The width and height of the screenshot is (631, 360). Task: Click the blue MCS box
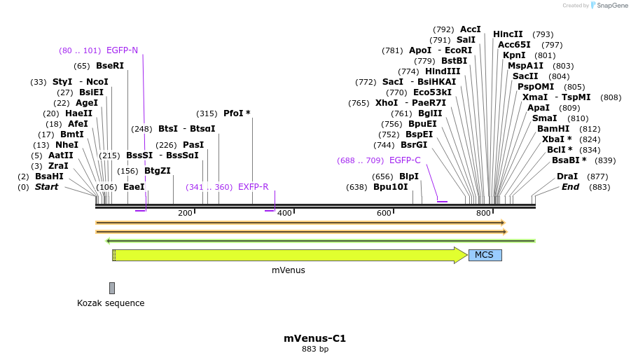pos(485,255)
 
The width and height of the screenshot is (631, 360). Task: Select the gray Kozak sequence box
pos(112,288)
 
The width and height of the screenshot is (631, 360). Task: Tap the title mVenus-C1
pos(314,338)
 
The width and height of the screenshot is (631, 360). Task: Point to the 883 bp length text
pos(314,349)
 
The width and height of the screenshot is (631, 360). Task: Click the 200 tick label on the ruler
pos(185,213)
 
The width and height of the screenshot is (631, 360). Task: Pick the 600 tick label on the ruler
pos(384,213)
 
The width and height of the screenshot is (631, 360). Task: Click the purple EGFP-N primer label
pos(122,50)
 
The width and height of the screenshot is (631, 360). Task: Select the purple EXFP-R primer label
pos(253,187)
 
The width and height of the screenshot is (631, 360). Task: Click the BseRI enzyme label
pos(110,66)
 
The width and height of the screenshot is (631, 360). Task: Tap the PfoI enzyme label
pos(237,113)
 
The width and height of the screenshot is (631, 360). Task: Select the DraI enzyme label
pos(567,176)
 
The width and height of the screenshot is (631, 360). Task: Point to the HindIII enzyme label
pos(443,71)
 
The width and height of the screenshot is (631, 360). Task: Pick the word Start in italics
pos(46,187)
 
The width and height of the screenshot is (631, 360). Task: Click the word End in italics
pos(570,187)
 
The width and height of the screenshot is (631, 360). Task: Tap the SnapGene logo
pos(609,6)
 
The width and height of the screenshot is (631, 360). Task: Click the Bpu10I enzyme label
pos(390,187)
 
